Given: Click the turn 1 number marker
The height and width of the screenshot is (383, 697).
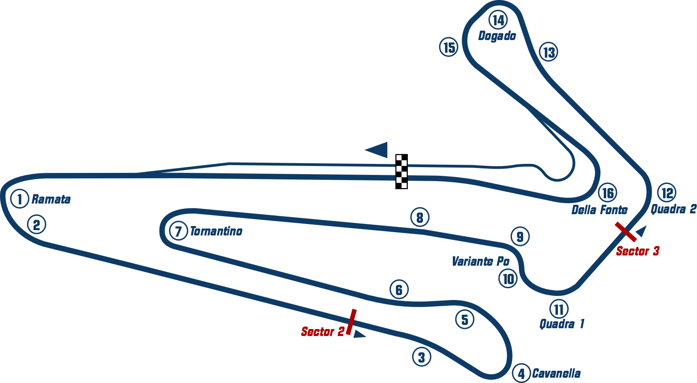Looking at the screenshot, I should tap(19, 199).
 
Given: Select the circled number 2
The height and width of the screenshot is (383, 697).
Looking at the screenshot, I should tap(36, 224).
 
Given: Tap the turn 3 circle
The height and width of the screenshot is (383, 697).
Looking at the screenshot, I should tap(421, 357).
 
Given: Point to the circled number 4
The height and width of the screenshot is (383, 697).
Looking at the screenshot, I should tap(521, 373).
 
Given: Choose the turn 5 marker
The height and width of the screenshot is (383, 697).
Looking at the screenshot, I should tap(465, 319).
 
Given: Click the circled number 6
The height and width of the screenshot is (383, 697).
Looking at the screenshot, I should tap(399, 289).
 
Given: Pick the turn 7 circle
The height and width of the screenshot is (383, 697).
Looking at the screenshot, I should tap(178, 231).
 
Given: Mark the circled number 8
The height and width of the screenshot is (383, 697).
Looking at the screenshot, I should tap(420, 217).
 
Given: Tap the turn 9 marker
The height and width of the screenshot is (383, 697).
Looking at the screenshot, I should tap(520, 236).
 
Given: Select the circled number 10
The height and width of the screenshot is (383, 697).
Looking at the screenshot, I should tap(508, 279).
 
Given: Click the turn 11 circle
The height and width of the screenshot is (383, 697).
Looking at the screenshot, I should tap(559, 309).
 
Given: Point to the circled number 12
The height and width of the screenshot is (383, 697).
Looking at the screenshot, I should tap(667, 193).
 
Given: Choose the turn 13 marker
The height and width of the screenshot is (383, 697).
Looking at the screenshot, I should tap(549, 52).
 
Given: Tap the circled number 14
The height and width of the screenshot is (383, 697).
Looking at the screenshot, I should tap(498, 20).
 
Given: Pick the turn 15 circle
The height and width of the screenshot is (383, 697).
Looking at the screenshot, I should tap(449, 47).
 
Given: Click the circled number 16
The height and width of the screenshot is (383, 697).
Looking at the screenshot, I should tap(608, 193).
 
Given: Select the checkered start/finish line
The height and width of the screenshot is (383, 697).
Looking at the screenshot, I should tap(401, 172).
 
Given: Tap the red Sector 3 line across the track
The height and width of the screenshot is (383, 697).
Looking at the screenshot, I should tap(626, 231).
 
